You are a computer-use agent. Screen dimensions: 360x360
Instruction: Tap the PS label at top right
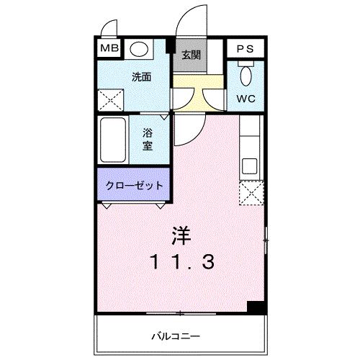coord(243,49)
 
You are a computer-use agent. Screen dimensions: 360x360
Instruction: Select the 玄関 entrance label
coord(191,55)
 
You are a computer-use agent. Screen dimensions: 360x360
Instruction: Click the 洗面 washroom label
coord(140,76)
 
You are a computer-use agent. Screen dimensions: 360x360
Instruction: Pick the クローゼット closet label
coord(135,185)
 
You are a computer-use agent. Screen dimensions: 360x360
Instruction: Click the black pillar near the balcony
coord(253,307)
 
